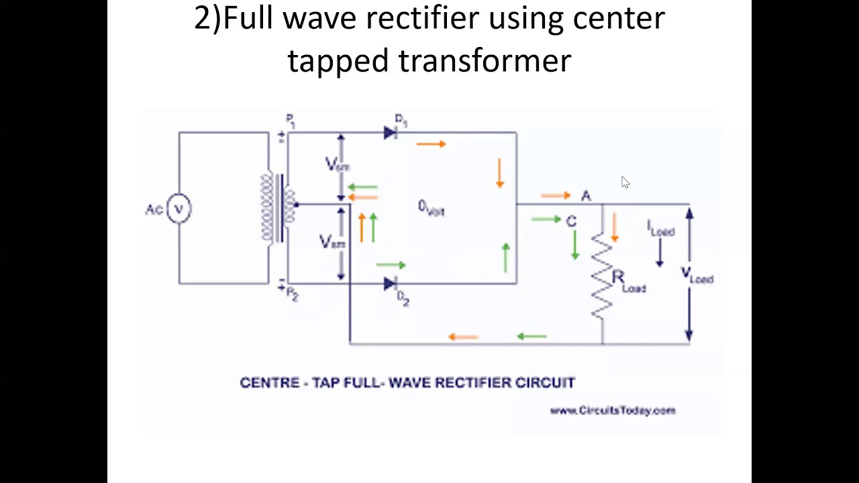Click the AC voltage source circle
179,208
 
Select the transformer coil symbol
278,207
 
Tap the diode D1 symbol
390,133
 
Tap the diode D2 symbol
390,284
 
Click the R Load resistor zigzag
602,275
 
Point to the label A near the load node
586,195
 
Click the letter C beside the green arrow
571,221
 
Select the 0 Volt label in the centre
431,209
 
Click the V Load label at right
697,275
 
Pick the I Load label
660,229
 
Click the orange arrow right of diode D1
431,144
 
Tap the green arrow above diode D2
391,266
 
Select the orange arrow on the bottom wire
462,337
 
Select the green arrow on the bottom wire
532,337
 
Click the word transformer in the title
485,60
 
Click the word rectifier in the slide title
421,17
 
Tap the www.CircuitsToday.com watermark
612,411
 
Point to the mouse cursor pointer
625,182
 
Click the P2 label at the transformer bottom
291,294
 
